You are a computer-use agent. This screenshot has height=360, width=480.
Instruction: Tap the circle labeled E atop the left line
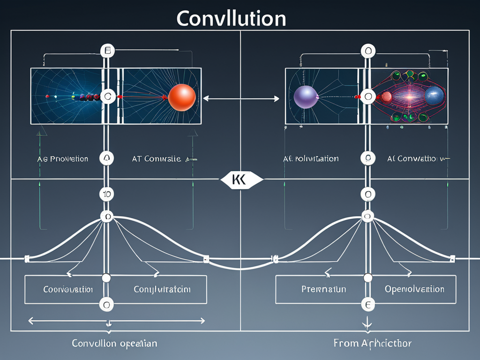107,50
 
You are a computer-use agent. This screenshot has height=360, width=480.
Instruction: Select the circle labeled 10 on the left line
107,193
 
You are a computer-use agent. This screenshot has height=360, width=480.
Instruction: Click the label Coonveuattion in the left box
68,289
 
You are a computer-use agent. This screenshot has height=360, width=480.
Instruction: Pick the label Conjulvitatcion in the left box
162,289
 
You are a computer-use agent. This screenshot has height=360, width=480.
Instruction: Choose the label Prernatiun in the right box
323,289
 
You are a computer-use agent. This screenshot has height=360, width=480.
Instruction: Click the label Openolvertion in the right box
414,289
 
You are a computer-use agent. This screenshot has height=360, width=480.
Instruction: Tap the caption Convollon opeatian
114,344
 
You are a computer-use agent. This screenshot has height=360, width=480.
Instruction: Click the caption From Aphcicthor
372,344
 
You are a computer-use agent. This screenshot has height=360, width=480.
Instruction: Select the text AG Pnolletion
62,159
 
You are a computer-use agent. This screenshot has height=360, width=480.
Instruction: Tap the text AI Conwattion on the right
415,159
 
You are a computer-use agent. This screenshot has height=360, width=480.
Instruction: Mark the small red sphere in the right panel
387,97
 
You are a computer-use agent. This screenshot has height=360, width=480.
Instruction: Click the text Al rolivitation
311,159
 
